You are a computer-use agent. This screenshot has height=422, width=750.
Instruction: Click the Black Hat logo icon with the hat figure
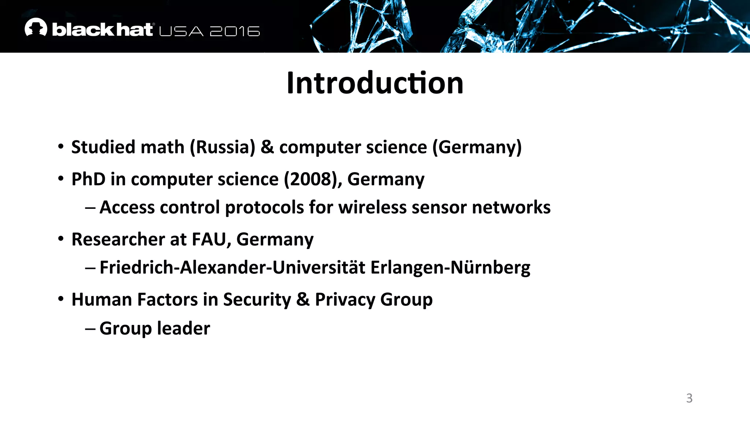(36, 27)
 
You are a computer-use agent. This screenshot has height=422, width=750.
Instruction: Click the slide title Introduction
(375, 83)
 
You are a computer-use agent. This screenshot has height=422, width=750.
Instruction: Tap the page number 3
(689, 398)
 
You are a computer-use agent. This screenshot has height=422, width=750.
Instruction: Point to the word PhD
(88, 179)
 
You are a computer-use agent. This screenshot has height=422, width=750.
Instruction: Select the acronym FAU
(211, 240)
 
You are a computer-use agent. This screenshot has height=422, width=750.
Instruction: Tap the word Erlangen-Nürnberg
(450, 268)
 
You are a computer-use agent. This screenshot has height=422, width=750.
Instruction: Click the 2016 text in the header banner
(235, 32)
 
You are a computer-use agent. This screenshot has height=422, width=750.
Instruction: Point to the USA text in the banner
(181, 32)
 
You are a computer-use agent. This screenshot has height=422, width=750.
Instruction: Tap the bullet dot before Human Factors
(61, 299)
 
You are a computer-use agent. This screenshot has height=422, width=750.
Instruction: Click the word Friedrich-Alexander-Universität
(232, 268)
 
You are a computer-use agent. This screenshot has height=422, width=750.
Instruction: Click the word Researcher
(118, 240)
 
